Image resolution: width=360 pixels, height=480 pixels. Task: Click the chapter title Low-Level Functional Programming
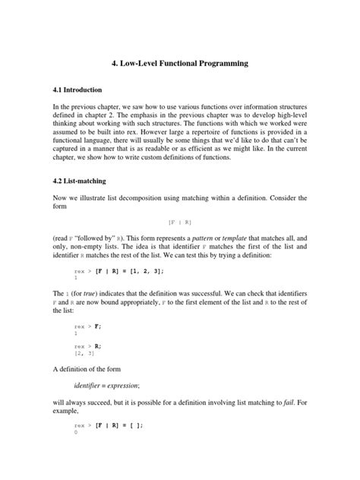pos(179,65)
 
